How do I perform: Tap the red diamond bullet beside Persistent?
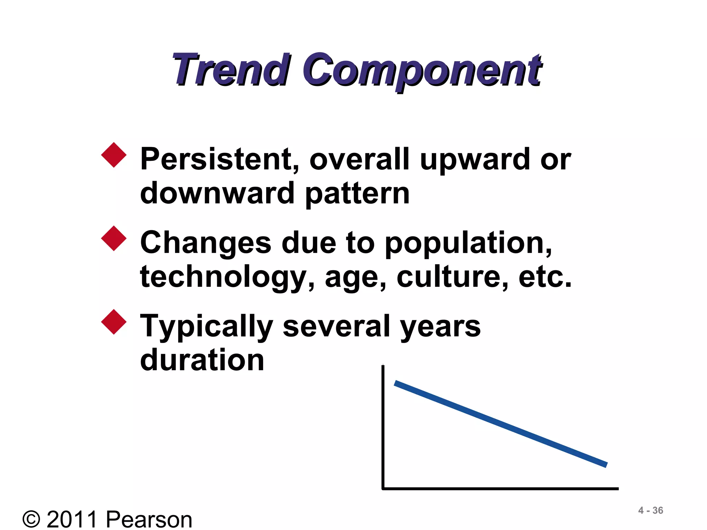click(114, 155)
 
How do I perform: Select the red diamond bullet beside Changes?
click(114, 238)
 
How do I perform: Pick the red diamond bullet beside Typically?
click(114, 322)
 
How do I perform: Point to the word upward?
click(474, 159)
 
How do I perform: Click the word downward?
click(217, 193)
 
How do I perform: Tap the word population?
click(468, 244)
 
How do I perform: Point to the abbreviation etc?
click(545, 277)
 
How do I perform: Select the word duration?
click(202, 360)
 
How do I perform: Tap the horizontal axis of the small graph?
click(501, 489)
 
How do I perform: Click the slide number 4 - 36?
click(650, 510)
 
